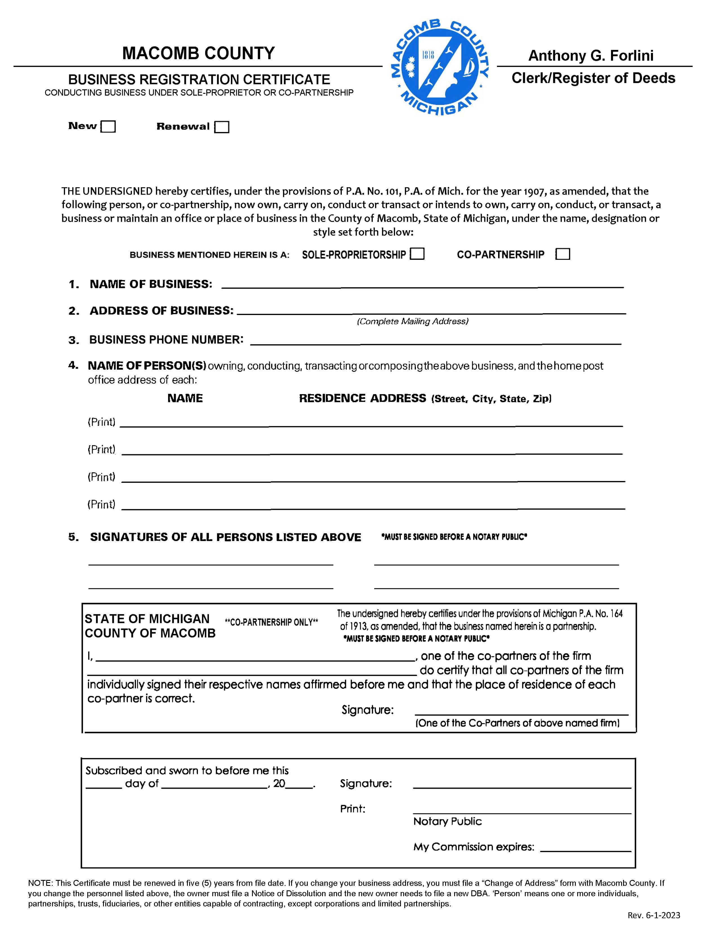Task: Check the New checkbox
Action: pyautogui.click(x=108, y=127)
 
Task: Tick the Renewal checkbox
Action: pyautogui.click(x=222, y=127)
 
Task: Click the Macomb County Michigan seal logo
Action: pyautogui.click(x=440, y=68)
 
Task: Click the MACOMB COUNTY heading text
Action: pyautogui.click(x=199, y=53)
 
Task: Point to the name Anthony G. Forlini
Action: pyautogui.click(x=591, y=55)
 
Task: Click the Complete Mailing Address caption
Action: pyautogui.click(x=412, y=321)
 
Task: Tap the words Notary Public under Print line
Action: pyautogui.click(x=447, y=821)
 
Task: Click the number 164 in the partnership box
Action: pyautogui.click(x=616, y=614)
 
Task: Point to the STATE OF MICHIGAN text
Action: pyautogui.click(x=147, y=619)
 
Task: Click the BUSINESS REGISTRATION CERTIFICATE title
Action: pyautogui.click(x=199, y=79)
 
